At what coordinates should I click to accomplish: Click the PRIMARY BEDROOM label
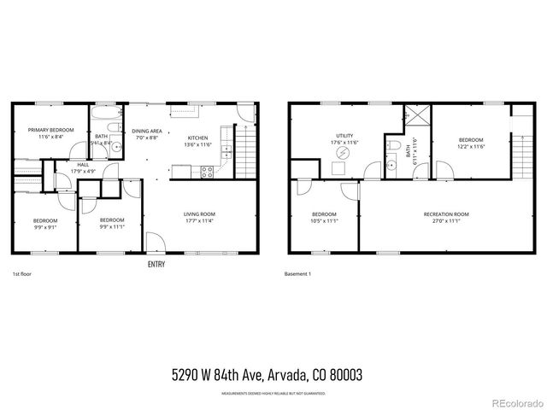pos(50,130)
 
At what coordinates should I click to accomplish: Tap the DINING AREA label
pos(147,131)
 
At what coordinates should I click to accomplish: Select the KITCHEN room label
pos(198,138)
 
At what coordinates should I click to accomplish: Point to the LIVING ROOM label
pos(199,214)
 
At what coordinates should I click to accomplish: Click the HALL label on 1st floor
pos(83,165)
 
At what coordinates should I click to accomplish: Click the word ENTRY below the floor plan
pos(156,265)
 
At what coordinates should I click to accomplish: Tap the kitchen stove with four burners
pos(207,171)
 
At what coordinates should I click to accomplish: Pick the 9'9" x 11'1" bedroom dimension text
pos(112,227)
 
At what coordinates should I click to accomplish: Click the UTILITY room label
pos(344,135)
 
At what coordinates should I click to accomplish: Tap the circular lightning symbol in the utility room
pos(344,155)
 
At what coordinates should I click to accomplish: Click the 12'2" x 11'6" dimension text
pos(470,147)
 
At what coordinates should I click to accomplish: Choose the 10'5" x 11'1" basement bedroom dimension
pos(324,221)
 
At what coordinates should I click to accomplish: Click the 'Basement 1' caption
pos(297,274)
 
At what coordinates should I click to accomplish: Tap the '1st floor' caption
pos(22,274)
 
